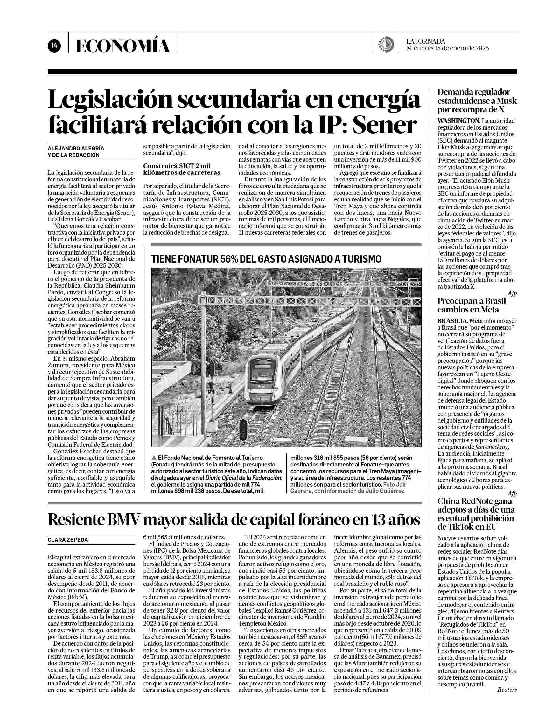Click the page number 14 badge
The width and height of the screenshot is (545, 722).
point(53,46)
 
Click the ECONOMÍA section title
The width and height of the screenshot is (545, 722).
point(123,46)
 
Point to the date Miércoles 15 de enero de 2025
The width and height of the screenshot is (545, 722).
point(447,48)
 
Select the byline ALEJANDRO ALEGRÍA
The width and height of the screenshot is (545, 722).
point(76,148)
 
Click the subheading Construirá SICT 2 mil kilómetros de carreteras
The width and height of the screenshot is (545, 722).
point(182,169)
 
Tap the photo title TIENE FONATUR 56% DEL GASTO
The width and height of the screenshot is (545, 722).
point(266,259)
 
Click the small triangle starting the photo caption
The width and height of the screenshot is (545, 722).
point(154,458)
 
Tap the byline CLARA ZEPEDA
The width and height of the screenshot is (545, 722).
point(68,540)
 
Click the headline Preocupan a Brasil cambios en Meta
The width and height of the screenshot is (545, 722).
point(471,305)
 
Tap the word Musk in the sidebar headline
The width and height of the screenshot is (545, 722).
point(507,101)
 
